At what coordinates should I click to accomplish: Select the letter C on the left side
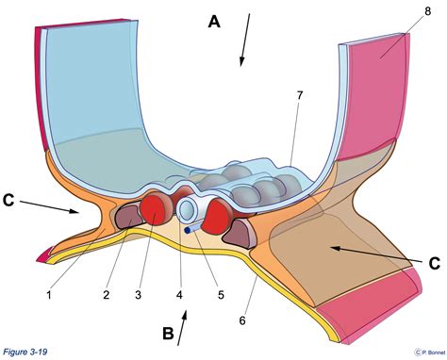10,199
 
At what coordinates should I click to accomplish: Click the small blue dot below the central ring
188,228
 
